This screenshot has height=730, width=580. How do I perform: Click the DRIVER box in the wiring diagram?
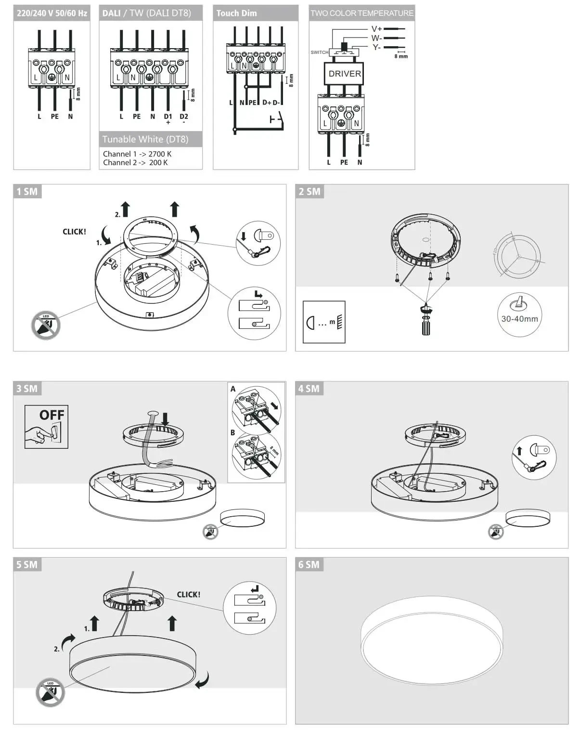pos(344,74)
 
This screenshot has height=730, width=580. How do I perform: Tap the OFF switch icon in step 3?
pos(46,427)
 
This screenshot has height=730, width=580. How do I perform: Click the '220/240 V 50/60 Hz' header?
pos(52,13)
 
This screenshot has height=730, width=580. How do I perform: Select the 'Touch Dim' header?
pos(236,13)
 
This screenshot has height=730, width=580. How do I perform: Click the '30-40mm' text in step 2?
pos(519,319)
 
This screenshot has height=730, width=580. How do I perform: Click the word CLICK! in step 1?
pos(74,232)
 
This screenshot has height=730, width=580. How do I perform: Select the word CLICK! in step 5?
pos(188,595)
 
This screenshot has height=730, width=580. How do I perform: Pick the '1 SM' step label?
pos(27,192)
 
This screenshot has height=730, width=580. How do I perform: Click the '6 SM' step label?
pos(309,565)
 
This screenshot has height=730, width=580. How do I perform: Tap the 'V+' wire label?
pos(376,29)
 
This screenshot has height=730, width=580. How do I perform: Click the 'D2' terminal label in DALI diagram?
pos(184,117)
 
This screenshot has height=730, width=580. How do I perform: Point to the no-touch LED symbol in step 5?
pos(50,692)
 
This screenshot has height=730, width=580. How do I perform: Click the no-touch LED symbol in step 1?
pos(46,325)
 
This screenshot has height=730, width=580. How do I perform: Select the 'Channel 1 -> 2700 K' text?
pos(137,154)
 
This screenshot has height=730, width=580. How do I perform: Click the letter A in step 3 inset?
pos(233,389)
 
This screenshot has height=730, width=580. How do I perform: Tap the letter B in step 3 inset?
pos(232,432)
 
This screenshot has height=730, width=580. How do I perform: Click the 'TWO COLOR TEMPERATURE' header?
pos(361,13)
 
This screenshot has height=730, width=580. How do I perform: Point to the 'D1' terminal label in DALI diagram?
pos(168,117)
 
